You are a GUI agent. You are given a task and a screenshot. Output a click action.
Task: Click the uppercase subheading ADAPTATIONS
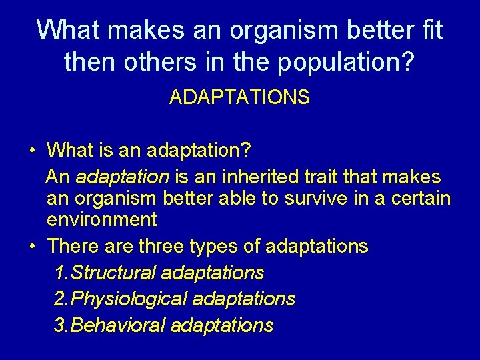click(239, 98)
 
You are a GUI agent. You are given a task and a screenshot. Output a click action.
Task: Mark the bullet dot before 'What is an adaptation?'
click(32, 150)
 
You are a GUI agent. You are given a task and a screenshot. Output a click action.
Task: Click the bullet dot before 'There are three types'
click(32, 247)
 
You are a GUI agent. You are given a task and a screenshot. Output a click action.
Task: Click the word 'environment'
click(101, 219)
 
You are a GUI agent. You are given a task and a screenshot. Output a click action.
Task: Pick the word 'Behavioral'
click(118, 325)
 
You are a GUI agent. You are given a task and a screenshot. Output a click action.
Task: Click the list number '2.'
click(61, 299)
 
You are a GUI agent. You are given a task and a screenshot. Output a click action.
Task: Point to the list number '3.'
click(61, 325)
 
